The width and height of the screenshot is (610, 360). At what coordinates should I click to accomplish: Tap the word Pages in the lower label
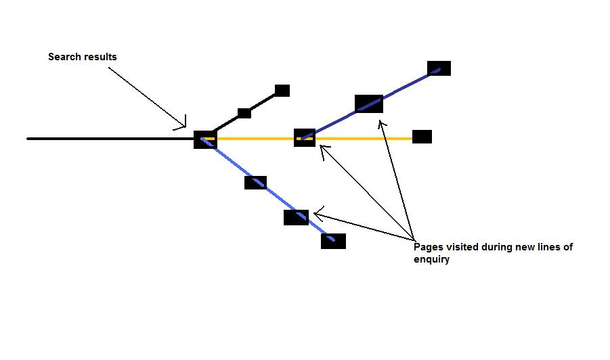(x=427, y=247)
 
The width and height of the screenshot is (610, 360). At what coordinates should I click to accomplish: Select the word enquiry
(x=431, y=259)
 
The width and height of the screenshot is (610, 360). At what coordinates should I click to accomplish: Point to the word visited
(x=460, y=247)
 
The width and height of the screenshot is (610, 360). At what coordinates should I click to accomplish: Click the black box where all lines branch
(x=205, y=139)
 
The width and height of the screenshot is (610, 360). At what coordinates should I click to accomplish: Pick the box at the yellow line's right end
(x=422, y=137)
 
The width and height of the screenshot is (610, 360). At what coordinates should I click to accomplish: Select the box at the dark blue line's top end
(x=439, y=68)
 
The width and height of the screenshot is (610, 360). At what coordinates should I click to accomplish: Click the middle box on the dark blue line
(x=369, y=104)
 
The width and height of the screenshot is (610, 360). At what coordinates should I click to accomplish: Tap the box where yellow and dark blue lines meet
(x=305, y=138)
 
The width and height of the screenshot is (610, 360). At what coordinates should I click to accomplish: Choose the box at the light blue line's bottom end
(x=333, y=241)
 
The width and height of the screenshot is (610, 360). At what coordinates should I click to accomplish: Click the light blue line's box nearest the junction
(x=255, y=182)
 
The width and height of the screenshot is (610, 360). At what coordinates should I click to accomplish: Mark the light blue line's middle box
(x=296, y=217)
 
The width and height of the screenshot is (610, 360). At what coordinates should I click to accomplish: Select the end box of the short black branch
(x=282, y=91)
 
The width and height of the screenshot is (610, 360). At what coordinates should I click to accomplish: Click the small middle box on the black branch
(x=244, y=113)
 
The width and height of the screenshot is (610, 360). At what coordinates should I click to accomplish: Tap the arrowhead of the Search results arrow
(x=183, y=125)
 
